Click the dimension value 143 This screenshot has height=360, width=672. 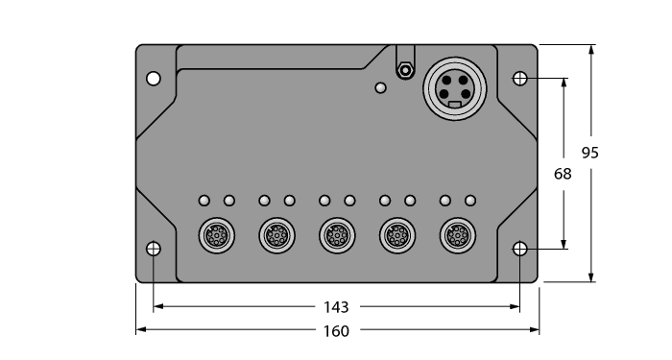pyautogui.click(x=336, y=307)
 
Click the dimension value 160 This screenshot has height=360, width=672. pyautogui.click(x=336, y=330)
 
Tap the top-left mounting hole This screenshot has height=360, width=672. pyautogui.click(x=154, y=78)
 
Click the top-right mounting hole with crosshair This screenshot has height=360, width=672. pyautogui.click(x=519, y=78)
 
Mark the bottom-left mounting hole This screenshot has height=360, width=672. pyautogui.click(x=154, y=249)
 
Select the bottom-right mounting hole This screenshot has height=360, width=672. pyautogui.click(x=519, y=249)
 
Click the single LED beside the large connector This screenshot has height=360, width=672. pyautogui.click(x=381, y=88)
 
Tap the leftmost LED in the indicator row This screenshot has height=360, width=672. pyautogui.click(x=204, y=201)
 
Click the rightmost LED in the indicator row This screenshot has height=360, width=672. pyautogui.click(x=470, y=201)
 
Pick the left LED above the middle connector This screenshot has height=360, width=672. pyautogui.click(x=324, y=201)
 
